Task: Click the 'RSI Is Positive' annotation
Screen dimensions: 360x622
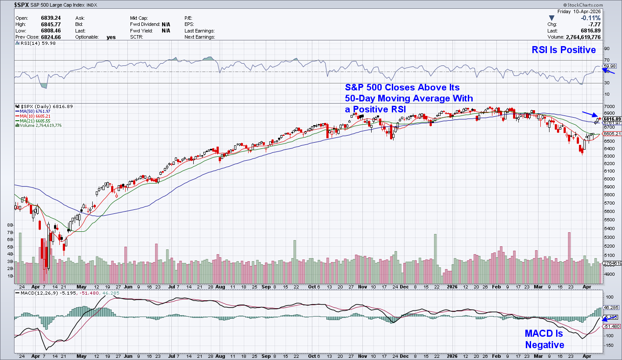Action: [x=564, y=50]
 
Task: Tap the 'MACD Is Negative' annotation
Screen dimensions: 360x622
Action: [x=544, y=339]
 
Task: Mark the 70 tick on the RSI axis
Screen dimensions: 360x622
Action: [x=607, y=60]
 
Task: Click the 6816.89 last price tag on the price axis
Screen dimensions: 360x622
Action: [x=612, y=119]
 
